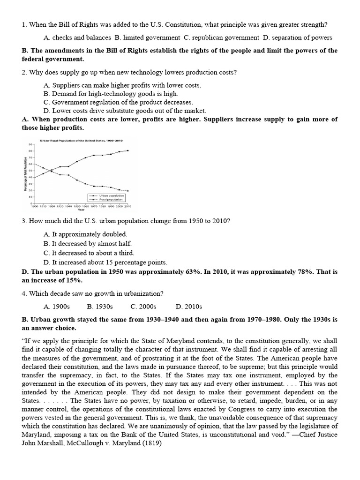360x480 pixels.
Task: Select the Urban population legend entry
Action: (108, 195)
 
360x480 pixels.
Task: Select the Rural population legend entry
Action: (108, 199)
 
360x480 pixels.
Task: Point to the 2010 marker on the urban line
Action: (128, 150)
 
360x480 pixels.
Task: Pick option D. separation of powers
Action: (298, 37)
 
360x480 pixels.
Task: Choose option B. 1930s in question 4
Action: (100, 307)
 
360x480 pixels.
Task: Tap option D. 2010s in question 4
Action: (188, 307)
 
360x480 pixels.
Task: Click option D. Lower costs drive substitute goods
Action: (124, 111)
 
